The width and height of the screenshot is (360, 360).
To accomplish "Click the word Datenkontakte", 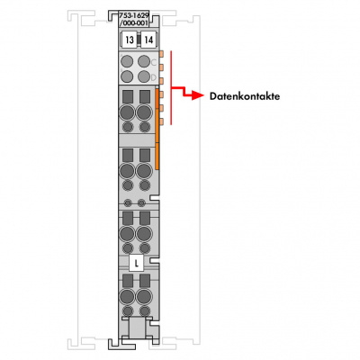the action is (245, 96).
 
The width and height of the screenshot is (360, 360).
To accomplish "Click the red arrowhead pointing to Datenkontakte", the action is (198, 95).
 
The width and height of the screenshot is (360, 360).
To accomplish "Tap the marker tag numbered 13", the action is (130, 40).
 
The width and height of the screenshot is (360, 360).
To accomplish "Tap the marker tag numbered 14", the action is (148, 40).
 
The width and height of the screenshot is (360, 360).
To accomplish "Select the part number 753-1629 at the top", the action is (133, 15).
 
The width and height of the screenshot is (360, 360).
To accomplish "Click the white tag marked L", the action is (137, 264).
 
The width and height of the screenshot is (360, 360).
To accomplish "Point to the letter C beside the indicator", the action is (154, 62).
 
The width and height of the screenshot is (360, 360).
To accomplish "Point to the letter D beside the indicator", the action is (154, 77).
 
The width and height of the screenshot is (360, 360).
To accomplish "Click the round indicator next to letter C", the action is (144, 61).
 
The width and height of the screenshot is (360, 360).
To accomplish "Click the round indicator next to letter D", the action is (144, 76).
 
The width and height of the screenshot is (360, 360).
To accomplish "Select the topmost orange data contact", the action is (161, 54).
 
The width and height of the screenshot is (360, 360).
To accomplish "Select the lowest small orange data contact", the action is (161, 121).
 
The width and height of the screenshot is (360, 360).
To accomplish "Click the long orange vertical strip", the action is (157, 129).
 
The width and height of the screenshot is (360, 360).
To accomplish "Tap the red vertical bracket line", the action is (171, 87).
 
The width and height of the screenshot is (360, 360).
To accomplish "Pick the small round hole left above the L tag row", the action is (128, 203).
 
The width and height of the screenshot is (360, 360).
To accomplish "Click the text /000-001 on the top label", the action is (134, 23).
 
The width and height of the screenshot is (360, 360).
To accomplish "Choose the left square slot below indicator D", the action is (128, 97).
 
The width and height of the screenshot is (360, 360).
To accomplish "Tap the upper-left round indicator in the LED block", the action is (127, 61).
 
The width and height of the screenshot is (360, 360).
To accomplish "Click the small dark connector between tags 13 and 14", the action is (139, 40).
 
